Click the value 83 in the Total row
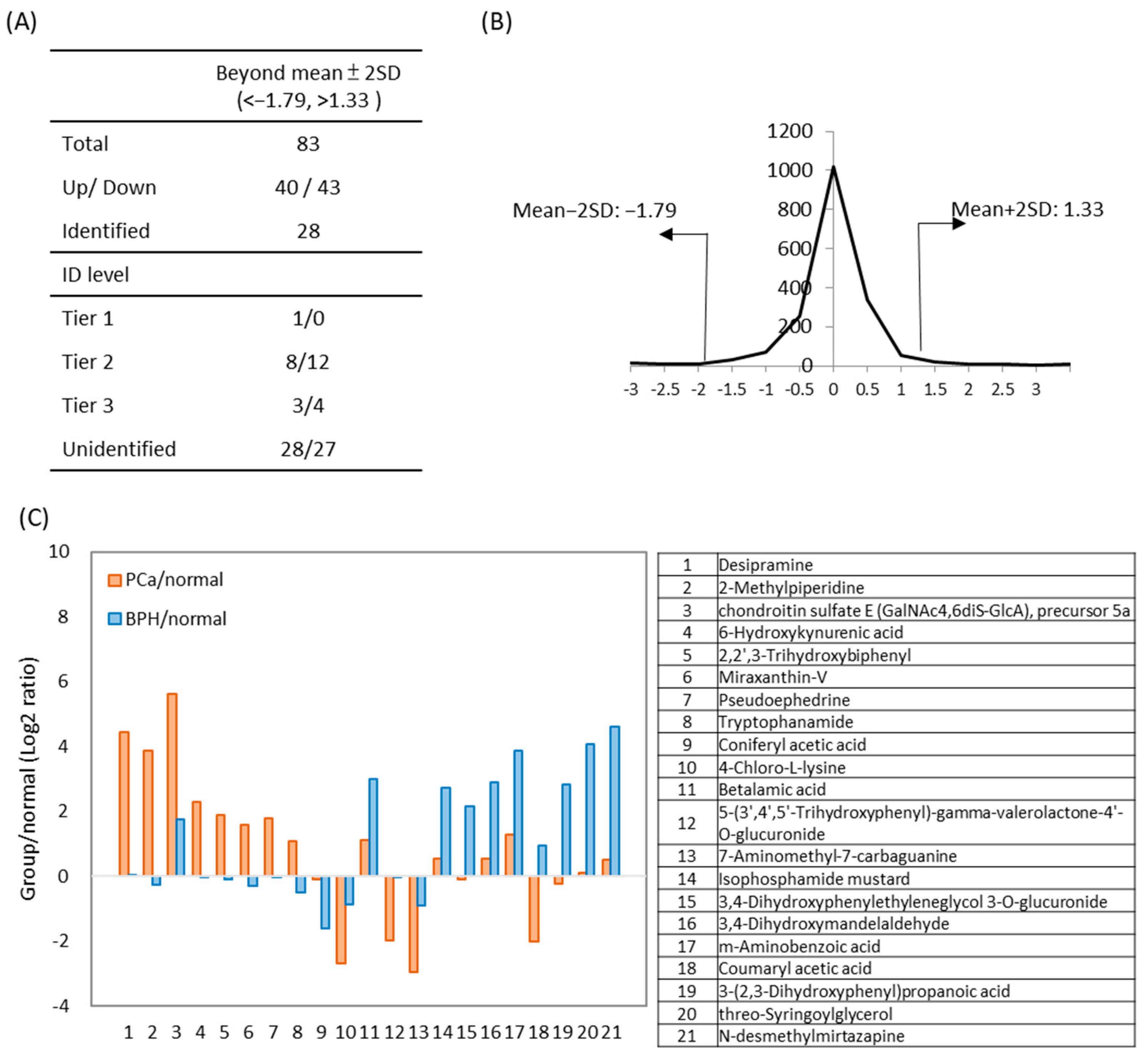pyautogui.click(x=308, y=143)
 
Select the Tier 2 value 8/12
pyautogui.click(x=308, y=362)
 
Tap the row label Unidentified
pyautogui.click(x=119, y=449)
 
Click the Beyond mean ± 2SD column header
pyautogui.click(x=308, y=86)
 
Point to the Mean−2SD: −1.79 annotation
pyautogui.click(x=594, y=210)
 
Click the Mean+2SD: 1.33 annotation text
pyautogui.click(x=1027, y=209)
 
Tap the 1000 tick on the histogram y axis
pyautogui.click(x=789, y=170)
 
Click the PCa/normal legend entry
pyautogui.click(x=166, y=579)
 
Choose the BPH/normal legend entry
pyautogui.click(x=168, y=618)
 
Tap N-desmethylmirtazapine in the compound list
pyautogui.click(x=811, y=1036)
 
